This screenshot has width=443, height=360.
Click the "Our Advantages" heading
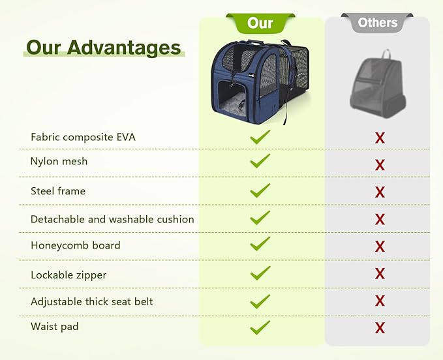pos(103,48)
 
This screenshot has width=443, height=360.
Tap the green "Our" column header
pos(260,23)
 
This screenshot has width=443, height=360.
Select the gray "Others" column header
pos(378,23)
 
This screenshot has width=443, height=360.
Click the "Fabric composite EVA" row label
pos(83,137)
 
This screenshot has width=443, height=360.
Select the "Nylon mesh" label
pos(59,161)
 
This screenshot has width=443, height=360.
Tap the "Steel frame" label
pos(58,191)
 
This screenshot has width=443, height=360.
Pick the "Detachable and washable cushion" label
pos(112,219)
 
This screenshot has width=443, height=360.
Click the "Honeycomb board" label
pos(75,245)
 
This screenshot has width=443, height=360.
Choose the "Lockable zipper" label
pos(69,275)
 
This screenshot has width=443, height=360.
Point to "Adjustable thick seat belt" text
pos(92,302)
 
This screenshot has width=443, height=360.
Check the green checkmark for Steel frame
pos(260,190)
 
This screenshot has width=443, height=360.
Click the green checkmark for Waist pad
pos(260,327)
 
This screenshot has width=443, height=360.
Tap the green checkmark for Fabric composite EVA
pos(260,137)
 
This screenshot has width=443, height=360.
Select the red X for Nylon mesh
pos(380,165)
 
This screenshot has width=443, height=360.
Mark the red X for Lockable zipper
pos(380,274)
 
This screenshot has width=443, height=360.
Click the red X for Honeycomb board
pos(380,247)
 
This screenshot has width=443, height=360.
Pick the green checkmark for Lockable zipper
pos(260,273)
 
